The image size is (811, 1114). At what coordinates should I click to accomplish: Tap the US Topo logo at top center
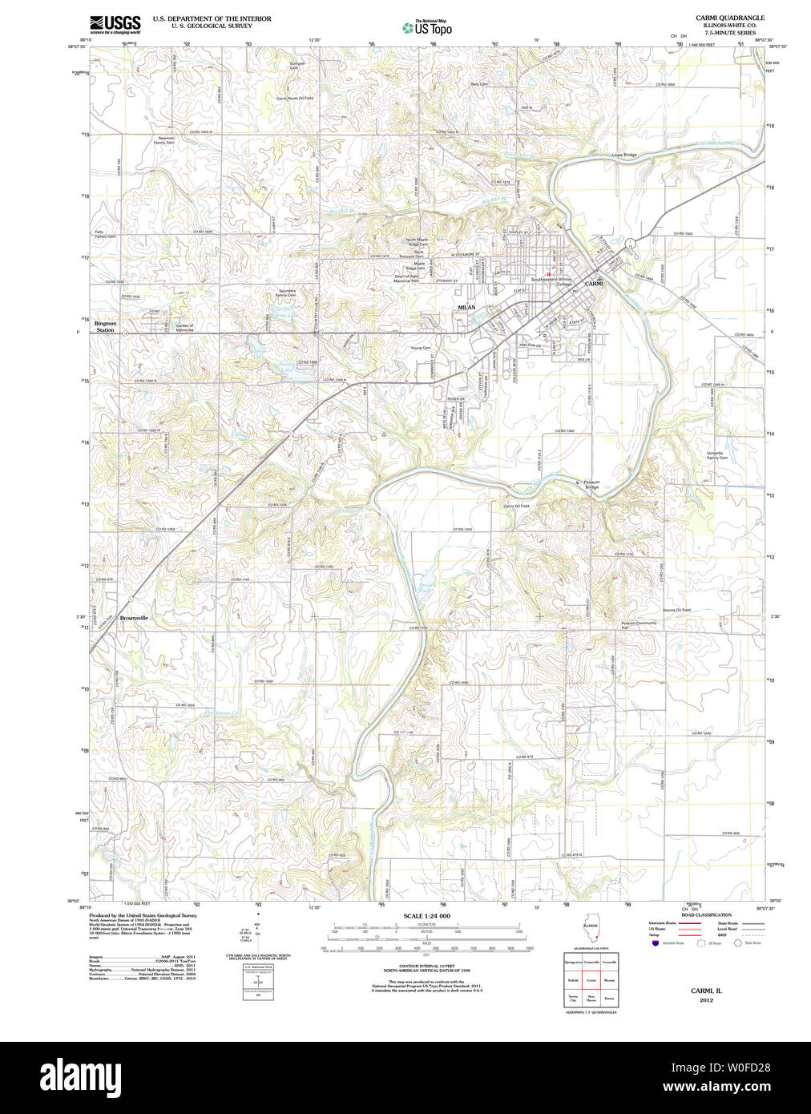click(x=427, y=28)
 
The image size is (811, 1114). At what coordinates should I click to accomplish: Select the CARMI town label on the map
click(x=593, y=284)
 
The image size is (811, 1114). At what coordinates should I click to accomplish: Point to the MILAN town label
click(x=466, y=307)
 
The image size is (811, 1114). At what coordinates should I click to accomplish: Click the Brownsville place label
click(x=134, y=618)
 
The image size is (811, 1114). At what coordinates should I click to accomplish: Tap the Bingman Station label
click(x=105, y=327)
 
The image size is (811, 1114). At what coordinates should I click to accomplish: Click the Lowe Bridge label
click(x=624, y=155)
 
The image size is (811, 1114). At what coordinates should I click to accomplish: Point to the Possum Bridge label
click(x=591, y=485)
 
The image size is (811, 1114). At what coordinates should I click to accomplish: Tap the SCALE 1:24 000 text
click(x=426, y=916)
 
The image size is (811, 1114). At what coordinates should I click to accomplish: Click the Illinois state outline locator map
click(x=591, y=934)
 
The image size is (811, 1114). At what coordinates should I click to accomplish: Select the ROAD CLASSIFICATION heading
click(x=706, y=915)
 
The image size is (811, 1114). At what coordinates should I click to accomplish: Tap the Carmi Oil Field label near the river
click(x=516, y=507)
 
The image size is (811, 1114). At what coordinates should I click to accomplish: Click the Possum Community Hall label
click(x=639, y=625)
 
